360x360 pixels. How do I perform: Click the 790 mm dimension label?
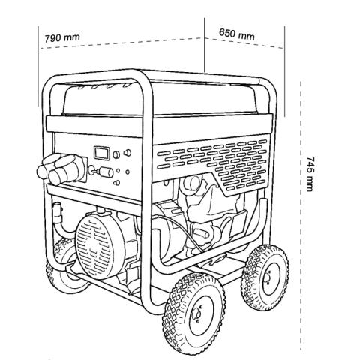pos(62,37)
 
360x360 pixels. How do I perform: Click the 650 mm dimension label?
pos(237,34)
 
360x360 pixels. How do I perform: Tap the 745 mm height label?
pos(310,174)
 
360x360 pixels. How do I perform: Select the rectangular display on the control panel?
pos(101,153)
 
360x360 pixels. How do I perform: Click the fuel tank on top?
pos(160,99)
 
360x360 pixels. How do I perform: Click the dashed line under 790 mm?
pos(121,43)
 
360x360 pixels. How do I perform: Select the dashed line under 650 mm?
pos(244,43)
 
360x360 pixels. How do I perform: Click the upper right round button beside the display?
pos(127,153)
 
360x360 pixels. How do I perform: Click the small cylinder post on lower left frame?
pos(57,212)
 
